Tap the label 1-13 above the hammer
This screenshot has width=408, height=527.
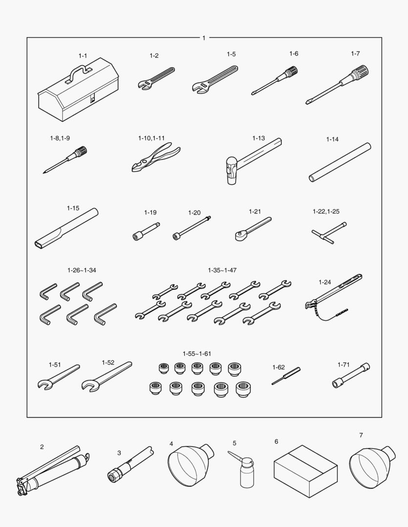click(258, 138)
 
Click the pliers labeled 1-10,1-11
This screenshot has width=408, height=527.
click(155, 158)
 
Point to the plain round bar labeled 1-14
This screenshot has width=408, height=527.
click(340, 162)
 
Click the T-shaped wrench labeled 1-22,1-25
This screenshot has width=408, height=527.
click(328, 233)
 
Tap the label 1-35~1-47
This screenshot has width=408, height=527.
click(222, 270)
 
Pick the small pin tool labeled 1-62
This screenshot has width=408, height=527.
click(286, 376)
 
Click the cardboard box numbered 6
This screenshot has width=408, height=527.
click(306, 471)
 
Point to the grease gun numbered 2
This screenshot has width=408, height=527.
click(54, 470)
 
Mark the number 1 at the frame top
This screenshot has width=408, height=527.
click(204, 38)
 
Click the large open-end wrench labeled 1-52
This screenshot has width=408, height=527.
click(107, 377)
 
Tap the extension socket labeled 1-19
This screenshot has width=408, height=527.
click(146, 232)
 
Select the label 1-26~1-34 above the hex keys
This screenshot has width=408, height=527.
click(82, 270)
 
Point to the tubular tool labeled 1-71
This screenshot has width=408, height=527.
click(351, 376)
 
